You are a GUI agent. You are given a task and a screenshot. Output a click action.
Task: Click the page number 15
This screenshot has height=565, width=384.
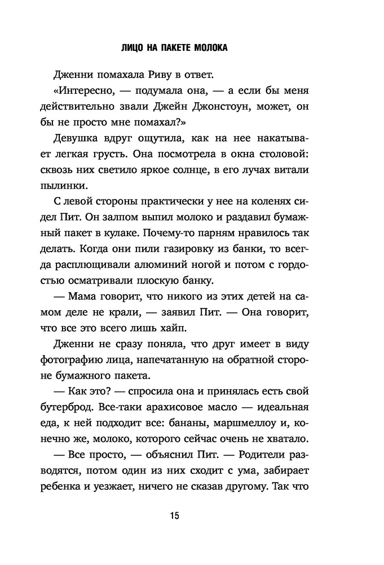pos(174,516)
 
